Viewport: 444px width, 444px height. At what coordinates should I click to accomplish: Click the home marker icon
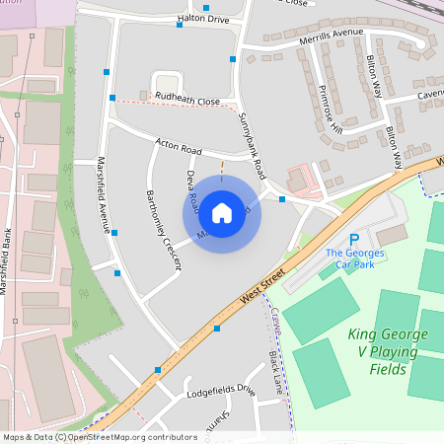click(222, 212)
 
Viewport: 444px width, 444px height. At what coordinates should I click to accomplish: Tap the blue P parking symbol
click(354, 240)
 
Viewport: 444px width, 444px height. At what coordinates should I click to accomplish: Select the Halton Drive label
click(203, 19)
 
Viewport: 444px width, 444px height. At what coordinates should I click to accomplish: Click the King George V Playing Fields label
click(388, 351)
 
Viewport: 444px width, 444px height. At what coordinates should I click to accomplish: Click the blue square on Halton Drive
click(180, 25)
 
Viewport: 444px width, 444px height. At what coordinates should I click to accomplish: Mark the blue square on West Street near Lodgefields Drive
click(157, 370)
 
